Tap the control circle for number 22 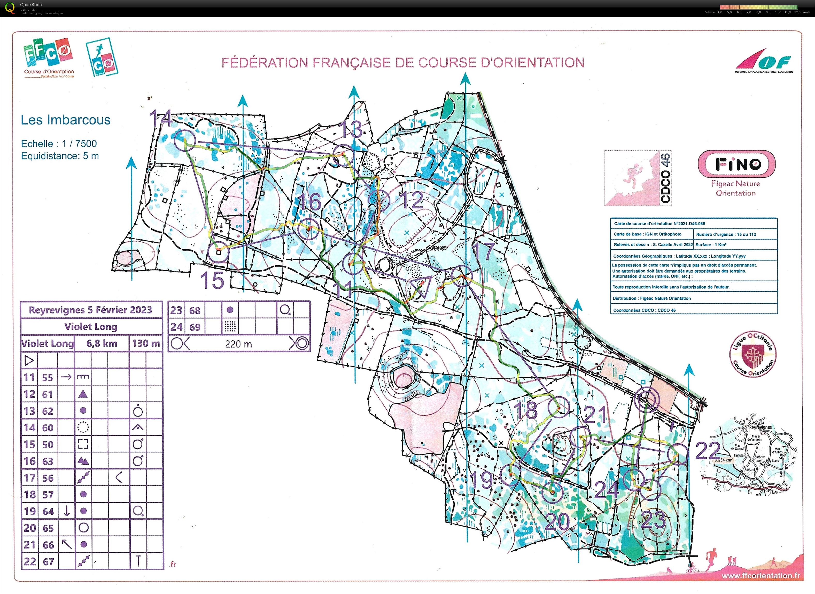[677, 454]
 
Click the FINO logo [736, 164]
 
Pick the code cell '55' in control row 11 [48, 377]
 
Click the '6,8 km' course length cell [102, 343]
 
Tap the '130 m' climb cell [146, 343]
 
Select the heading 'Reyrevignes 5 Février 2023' [91, 310]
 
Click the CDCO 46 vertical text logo [665, 178]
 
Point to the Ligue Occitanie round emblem [752, 354]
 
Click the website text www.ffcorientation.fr [760, 576]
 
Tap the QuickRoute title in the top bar [32, 5]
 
